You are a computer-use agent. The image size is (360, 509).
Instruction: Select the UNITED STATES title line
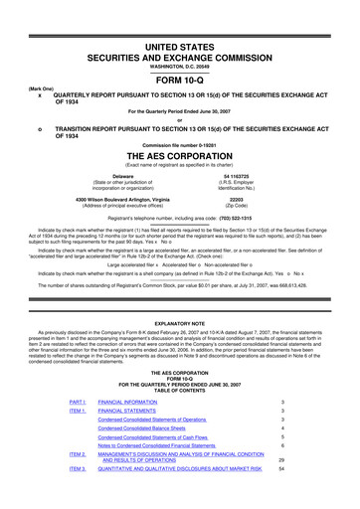(x=179, y=19)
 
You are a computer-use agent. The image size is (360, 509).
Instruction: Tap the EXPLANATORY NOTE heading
(x=179, y=324)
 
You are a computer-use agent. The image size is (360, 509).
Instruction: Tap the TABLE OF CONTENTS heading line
(x=179, y=388)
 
